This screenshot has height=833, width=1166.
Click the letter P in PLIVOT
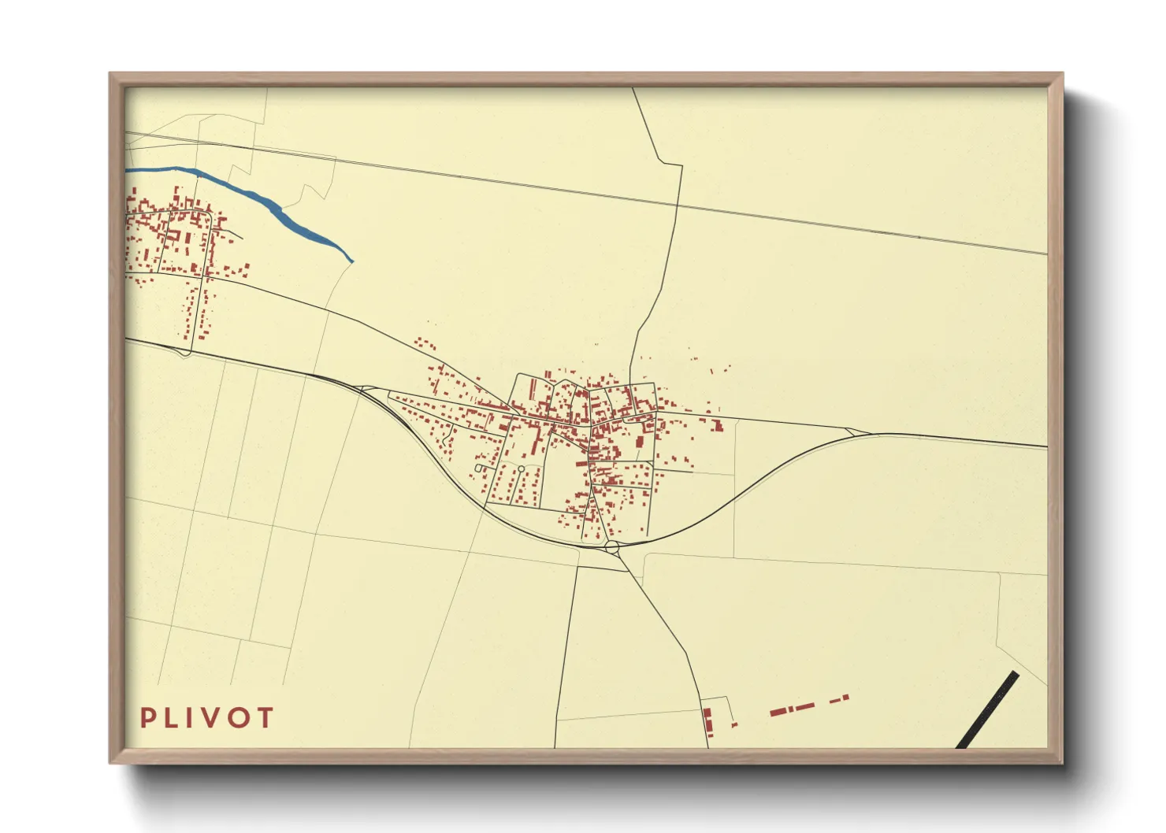(x=147, y=718)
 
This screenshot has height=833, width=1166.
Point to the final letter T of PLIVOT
(x=265, y=718)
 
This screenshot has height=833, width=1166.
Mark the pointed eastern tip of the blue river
(x=351, y=261)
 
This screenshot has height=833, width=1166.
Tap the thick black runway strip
(x=987, y=709)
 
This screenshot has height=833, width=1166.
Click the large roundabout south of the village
(x=612, y=545)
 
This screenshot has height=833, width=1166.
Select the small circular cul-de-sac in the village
(x=521, y=469)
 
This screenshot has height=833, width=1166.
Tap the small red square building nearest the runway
(x=846, y=697)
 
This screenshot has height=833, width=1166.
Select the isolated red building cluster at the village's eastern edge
(x=716, y=425)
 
